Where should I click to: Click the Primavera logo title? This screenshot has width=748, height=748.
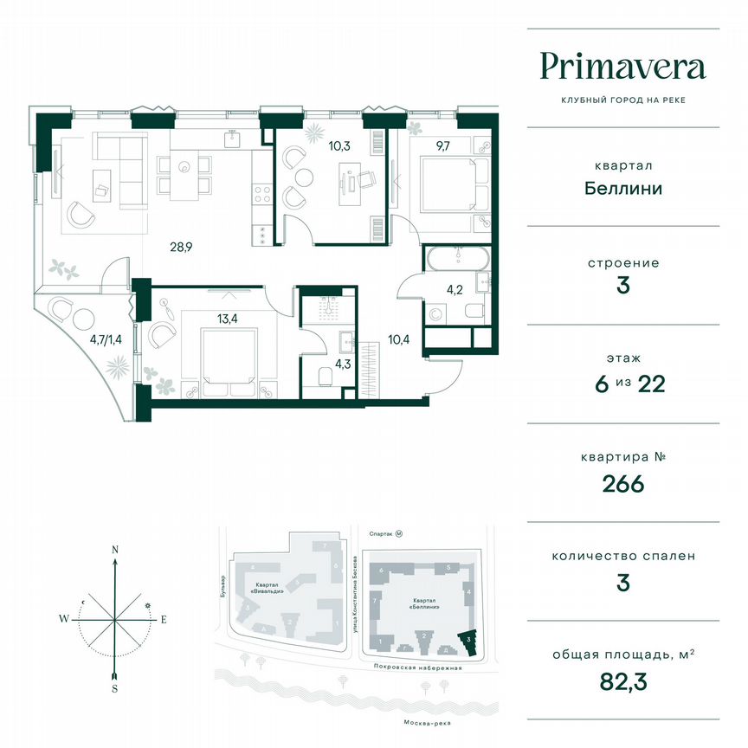point(622,66)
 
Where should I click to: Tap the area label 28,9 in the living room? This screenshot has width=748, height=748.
point(180,247)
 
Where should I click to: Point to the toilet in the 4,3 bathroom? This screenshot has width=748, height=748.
point(325,377)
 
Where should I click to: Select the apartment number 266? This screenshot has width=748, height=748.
point(624,483)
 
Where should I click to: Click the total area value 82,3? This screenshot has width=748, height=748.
point(624,682)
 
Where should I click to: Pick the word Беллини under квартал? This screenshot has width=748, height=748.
point(622,187)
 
